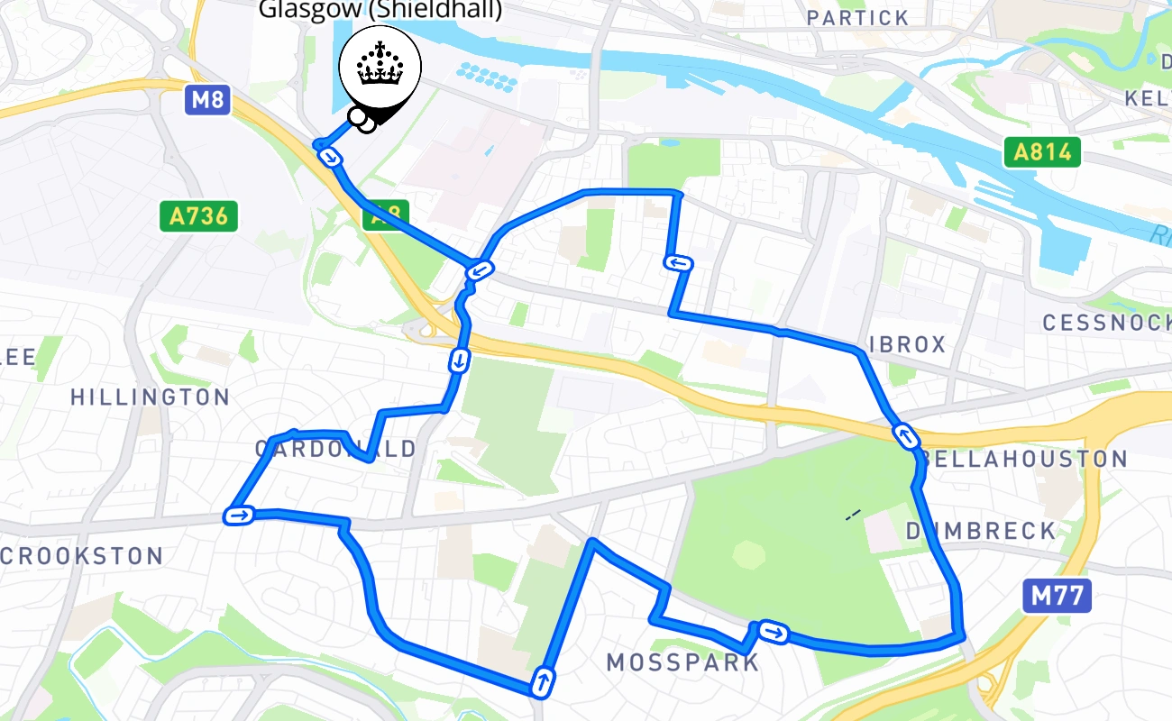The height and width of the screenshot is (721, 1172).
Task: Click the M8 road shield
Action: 207,99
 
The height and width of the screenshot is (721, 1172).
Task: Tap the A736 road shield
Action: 199,216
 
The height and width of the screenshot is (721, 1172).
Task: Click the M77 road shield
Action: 1057,596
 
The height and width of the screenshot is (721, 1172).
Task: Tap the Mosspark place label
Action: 682,663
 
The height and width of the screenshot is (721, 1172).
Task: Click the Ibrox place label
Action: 908,344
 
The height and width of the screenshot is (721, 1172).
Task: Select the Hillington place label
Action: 150,397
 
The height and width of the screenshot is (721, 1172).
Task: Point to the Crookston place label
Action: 82,556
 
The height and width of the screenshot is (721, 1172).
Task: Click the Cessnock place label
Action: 1106,322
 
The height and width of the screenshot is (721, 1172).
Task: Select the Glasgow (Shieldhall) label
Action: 380,11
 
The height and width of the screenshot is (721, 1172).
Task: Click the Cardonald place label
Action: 335,448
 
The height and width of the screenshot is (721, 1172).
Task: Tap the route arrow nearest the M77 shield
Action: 773,633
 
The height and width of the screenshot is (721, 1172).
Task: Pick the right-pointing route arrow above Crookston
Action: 240,516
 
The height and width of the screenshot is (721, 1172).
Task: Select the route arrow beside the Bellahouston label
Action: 905,436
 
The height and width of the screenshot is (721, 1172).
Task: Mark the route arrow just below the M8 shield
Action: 332,159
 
